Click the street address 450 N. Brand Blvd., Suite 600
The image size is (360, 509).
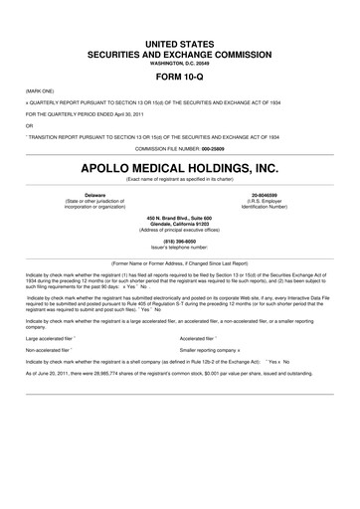point(179,217)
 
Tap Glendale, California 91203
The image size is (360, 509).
point(179,223)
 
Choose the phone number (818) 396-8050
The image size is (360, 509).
point(179,240)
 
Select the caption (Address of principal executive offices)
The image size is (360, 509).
point(179,229)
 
